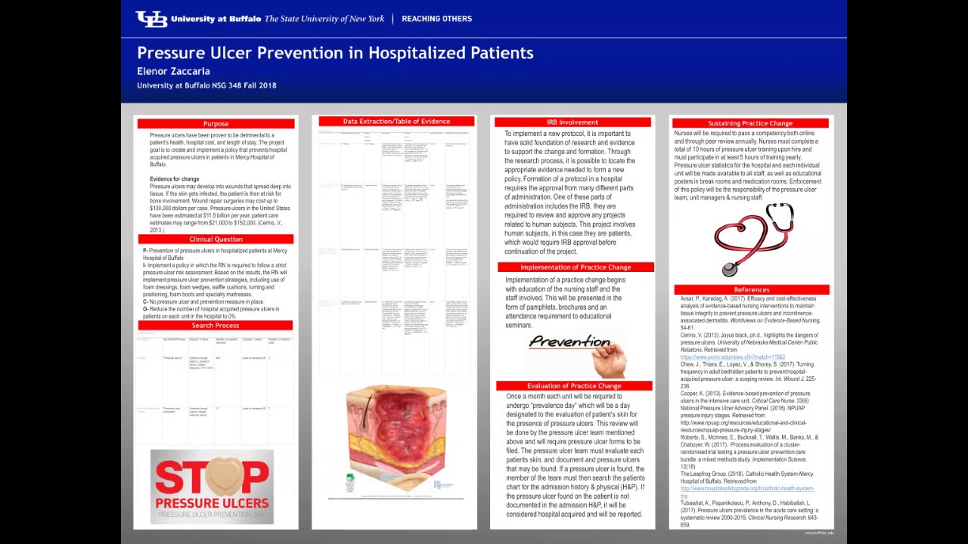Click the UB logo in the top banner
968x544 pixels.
click(151, 19)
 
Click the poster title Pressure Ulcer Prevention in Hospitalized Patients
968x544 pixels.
click(335, 53)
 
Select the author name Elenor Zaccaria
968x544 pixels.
click(173, 71)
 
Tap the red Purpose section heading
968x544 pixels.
click(216, 124)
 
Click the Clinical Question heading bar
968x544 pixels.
click(216, 240)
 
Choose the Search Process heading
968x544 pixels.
click(216, 326)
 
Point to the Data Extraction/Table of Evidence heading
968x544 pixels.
click(396, 122)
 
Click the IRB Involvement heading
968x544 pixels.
click(572, 122)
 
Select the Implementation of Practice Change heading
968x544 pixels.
click(576, 267)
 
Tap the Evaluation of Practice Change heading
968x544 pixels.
click(574, 386)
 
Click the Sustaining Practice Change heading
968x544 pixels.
click(750, 123)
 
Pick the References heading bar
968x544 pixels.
click(751, 289)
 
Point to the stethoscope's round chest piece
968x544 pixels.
click(730, 269)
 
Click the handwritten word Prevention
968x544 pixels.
click(569, 342)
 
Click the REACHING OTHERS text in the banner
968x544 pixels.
click(436, 19)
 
